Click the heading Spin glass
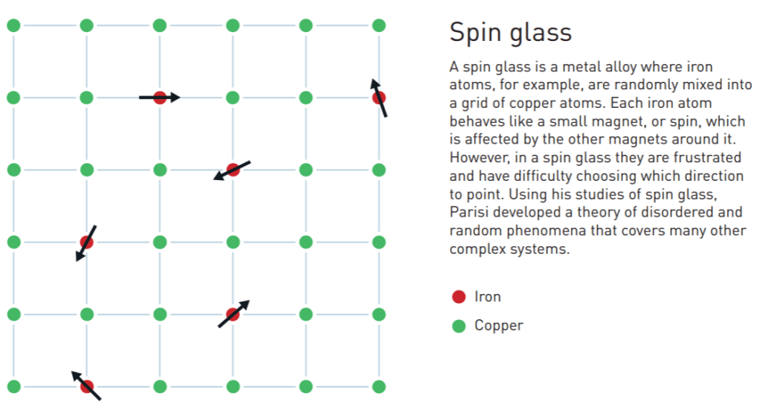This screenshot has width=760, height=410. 510,33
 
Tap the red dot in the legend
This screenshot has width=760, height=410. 459,297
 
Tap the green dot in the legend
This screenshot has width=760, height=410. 459,326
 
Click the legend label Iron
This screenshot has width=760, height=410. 488,297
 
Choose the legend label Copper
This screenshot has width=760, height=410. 499,326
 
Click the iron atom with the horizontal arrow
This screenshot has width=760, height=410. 160,97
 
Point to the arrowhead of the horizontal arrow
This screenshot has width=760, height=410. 176,97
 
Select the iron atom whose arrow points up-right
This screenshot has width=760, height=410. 233,314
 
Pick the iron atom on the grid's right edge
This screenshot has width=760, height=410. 379,97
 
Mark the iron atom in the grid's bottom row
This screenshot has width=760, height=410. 87,386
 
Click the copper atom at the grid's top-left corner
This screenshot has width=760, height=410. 13,25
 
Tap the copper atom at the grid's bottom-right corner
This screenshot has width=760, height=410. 379,386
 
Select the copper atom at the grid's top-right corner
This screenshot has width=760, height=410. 379,25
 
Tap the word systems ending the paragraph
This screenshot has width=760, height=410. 545,249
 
